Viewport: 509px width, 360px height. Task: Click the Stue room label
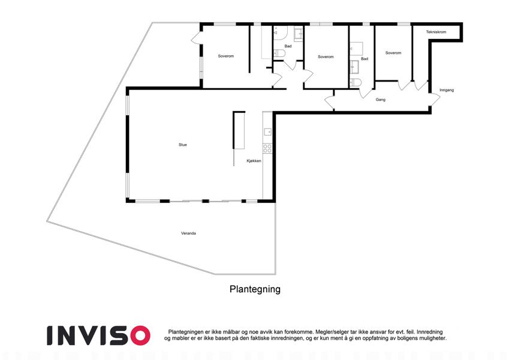coord(183,145)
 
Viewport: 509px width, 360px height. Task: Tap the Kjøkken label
coord(254,161)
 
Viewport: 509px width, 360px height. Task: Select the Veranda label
coord(188,233)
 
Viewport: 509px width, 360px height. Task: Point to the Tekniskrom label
coord(436,32)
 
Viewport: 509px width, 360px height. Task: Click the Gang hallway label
coord(381,100)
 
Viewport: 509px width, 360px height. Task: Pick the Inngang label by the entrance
coord(447,90)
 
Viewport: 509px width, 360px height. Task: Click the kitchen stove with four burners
coord(267,148)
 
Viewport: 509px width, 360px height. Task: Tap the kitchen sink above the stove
coord(268,131)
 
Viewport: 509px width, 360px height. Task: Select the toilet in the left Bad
coord(279,53)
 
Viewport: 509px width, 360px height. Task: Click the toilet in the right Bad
coord(356,83)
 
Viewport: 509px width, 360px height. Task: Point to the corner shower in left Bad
coord(280,33)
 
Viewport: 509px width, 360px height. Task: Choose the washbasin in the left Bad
coord(299,33)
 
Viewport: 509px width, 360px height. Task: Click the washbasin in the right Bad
coord(354,67)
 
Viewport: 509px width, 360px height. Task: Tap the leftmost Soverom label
coord(226,56)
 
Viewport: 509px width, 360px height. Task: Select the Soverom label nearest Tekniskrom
coord(393,53)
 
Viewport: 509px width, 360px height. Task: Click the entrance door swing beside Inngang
coord(435,100)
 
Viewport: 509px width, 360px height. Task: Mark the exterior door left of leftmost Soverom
coord(197,38)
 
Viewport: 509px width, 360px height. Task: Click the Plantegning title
coord(255,289)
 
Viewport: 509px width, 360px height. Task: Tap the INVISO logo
coord(98,335)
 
